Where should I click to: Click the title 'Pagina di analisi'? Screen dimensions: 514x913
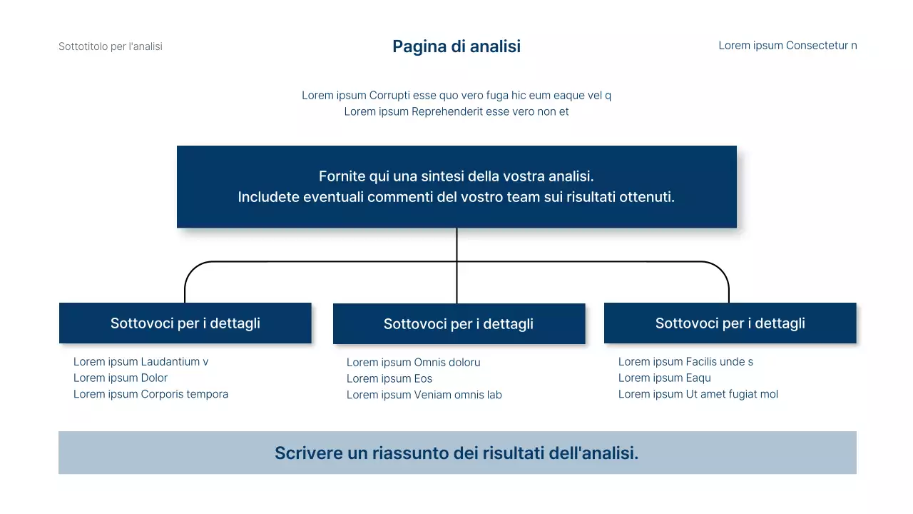coord(456,46)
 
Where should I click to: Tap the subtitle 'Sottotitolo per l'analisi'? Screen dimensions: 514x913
coord(111,46)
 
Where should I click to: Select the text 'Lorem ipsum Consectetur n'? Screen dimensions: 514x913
coord(787,46)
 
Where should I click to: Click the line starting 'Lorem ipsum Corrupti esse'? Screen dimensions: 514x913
coord(456,95)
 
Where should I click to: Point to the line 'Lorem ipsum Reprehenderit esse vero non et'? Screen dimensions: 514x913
coord(456,111)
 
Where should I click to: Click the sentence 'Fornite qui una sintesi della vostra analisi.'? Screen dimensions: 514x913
coord(456,176)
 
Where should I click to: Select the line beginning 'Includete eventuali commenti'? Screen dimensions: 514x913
coord(456,197)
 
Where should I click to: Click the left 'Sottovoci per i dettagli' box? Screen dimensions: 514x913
coord(185,323)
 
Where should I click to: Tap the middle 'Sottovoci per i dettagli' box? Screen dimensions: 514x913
coord(459,324)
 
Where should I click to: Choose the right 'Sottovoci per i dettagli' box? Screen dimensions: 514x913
coord(730,323)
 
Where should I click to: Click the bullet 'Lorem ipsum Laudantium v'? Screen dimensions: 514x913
coord(141,362)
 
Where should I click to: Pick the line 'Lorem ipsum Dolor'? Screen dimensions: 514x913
coord(121,378)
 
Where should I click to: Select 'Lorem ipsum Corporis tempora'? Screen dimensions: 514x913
coord(151,394)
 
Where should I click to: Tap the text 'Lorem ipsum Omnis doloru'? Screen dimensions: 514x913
coord(414,363)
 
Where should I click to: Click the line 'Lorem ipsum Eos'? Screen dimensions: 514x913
coord(389,379)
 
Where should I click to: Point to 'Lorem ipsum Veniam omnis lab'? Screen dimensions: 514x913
coord(424,395)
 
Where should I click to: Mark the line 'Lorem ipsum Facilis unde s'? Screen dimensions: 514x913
coord(685,362)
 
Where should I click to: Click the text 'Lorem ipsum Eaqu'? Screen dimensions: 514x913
coord(665,378)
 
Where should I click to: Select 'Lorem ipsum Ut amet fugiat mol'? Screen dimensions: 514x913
coord(698,394)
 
